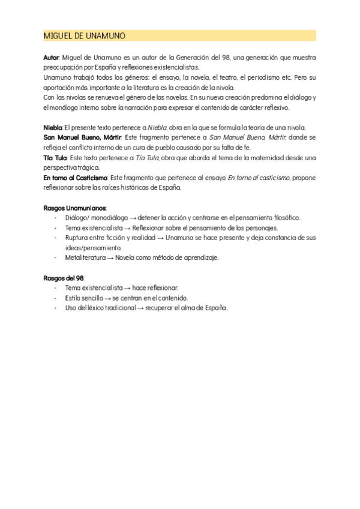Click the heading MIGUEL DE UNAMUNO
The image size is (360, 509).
[85, 36]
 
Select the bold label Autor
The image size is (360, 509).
[52, 57]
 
